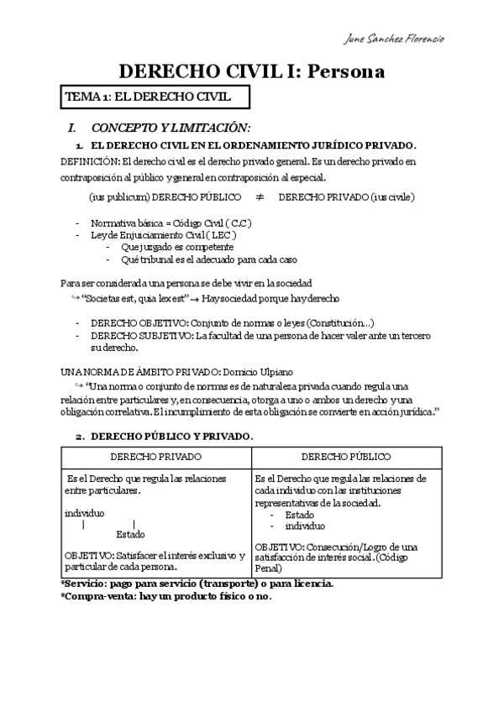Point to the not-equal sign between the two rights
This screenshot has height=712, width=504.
point(259,197)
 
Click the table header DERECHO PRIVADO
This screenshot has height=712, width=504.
point(156,456)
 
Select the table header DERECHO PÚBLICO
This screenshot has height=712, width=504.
point(347,456)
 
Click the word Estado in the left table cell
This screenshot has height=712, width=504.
point(130,534)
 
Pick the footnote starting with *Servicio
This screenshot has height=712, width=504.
point(197,583)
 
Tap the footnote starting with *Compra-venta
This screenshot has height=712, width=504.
point(166,596)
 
